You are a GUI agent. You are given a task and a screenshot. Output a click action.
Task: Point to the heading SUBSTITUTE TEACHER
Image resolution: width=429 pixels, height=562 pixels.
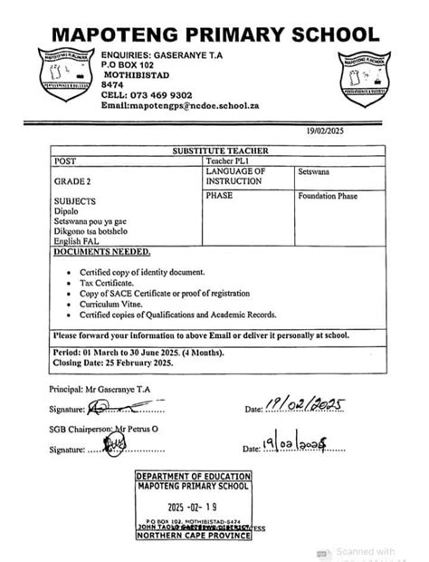[x=214, y=150]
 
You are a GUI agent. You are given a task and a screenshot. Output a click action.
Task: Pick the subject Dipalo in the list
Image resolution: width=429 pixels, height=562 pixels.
[x=66, y=209]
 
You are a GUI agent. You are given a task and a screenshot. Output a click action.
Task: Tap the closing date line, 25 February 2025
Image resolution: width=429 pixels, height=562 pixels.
[x=113, y=363]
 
